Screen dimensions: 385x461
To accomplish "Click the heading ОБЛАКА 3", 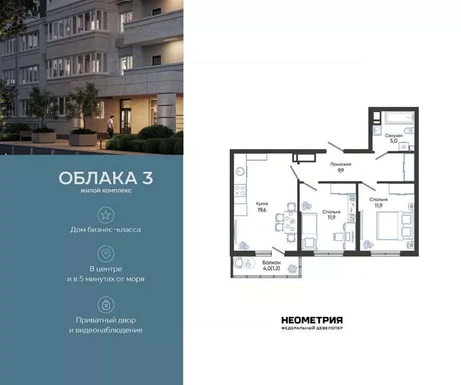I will coord(106,178).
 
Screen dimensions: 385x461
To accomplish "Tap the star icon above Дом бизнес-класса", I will coord(106,215).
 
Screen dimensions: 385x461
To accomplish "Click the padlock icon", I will coord(106,304).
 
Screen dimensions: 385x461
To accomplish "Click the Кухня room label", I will coord(261,204).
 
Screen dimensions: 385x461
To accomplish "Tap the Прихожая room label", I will coord(340,164).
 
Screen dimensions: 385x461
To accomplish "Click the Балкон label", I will coord(271,262).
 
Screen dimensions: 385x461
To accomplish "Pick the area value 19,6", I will coord(261,210).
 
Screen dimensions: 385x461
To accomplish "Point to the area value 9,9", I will coord(340,170).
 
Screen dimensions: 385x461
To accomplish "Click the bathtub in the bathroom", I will coord(399,119).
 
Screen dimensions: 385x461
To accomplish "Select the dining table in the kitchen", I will coord(289,222).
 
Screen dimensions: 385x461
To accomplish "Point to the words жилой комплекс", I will coord(106,191).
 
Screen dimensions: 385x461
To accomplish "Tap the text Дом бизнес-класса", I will coord(106,230).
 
